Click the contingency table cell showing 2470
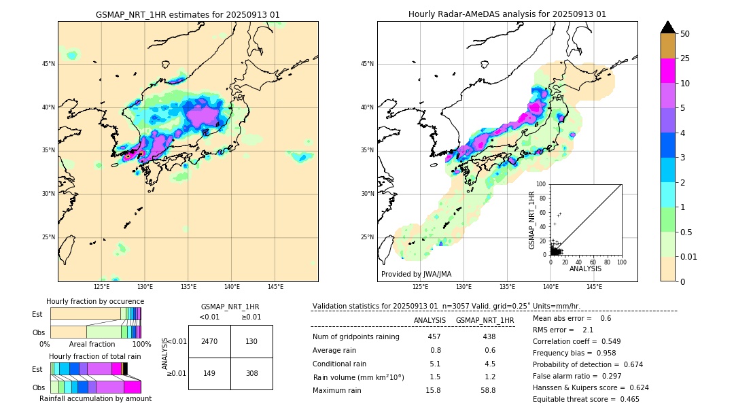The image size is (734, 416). tap(209, 341)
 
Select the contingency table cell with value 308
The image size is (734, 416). tap(251, 373)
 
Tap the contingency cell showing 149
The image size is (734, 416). tap(209, 373)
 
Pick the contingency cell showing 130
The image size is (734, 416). tap(251, 341)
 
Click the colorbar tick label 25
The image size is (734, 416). tap(685, 58)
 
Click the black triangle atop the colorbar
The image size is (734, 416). tap(668, 27)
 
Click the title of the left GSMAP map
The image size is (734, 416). tap(188, 14)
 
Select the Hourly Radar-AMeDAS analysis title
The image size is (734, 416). tap(507, 14)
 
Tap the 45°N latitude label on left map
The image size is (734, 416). tap(48, 64)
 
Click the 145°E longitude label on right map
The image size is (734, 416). tap(594, 288)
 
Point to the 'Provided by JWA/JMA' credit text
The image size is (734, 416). tap(416, 275)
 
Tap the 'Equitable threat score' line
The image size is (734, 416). tap(586, 399)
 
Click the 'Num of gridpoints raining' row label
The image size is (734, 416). tap(356, 336)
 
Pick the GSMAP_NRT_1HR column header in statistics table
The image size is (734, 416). tap(485, 320)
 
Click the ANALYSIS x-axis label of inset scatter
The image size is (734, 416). tap(585, 269)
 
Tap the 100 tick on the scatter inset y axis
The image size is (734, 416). tap(542, 184)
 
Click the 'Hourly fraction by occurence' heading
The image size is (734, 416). tap(95, 301)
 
